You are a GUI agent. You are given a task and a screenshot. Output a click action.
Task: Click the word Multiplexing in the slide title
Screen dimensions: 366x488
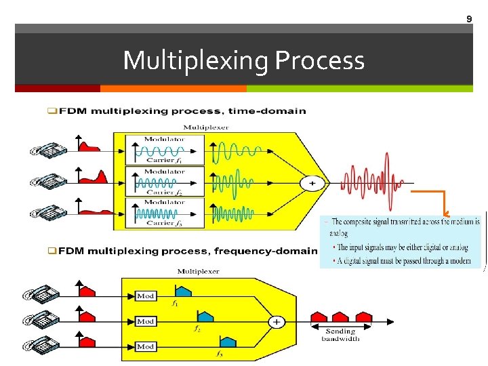[x=197, y=61]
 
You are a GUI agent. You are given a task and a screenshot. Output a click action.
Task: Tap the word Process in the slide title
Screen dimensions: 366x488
[x=320, y=61]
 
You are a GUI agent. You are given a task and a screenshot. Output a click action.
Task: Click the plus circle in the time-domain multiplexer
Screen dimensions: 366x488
[x=312, y=183]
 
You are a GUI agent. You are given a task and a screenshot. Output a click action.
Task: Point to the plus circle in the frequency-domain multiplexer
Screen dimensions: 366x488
[x=276, y=322]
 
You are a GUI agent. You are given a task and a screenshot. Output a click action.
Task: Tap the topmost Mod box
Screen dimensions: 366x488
[x=146, y=296]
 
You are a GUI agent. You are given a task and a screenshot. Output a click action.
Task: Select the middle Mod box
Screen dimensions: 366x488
[x=146, y=321]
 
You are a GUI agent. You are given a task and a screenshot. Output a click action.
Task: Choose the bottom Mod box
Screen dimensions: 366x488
[x=146, y=346]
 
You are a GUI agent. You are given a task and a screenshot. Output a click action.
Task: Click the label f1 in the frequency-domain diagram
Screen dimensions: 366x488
[x=176, y=304]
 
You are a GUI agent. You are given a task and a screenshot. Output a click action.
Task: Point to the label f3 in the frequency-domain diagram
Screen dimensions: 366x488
[x=220, y=354]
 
